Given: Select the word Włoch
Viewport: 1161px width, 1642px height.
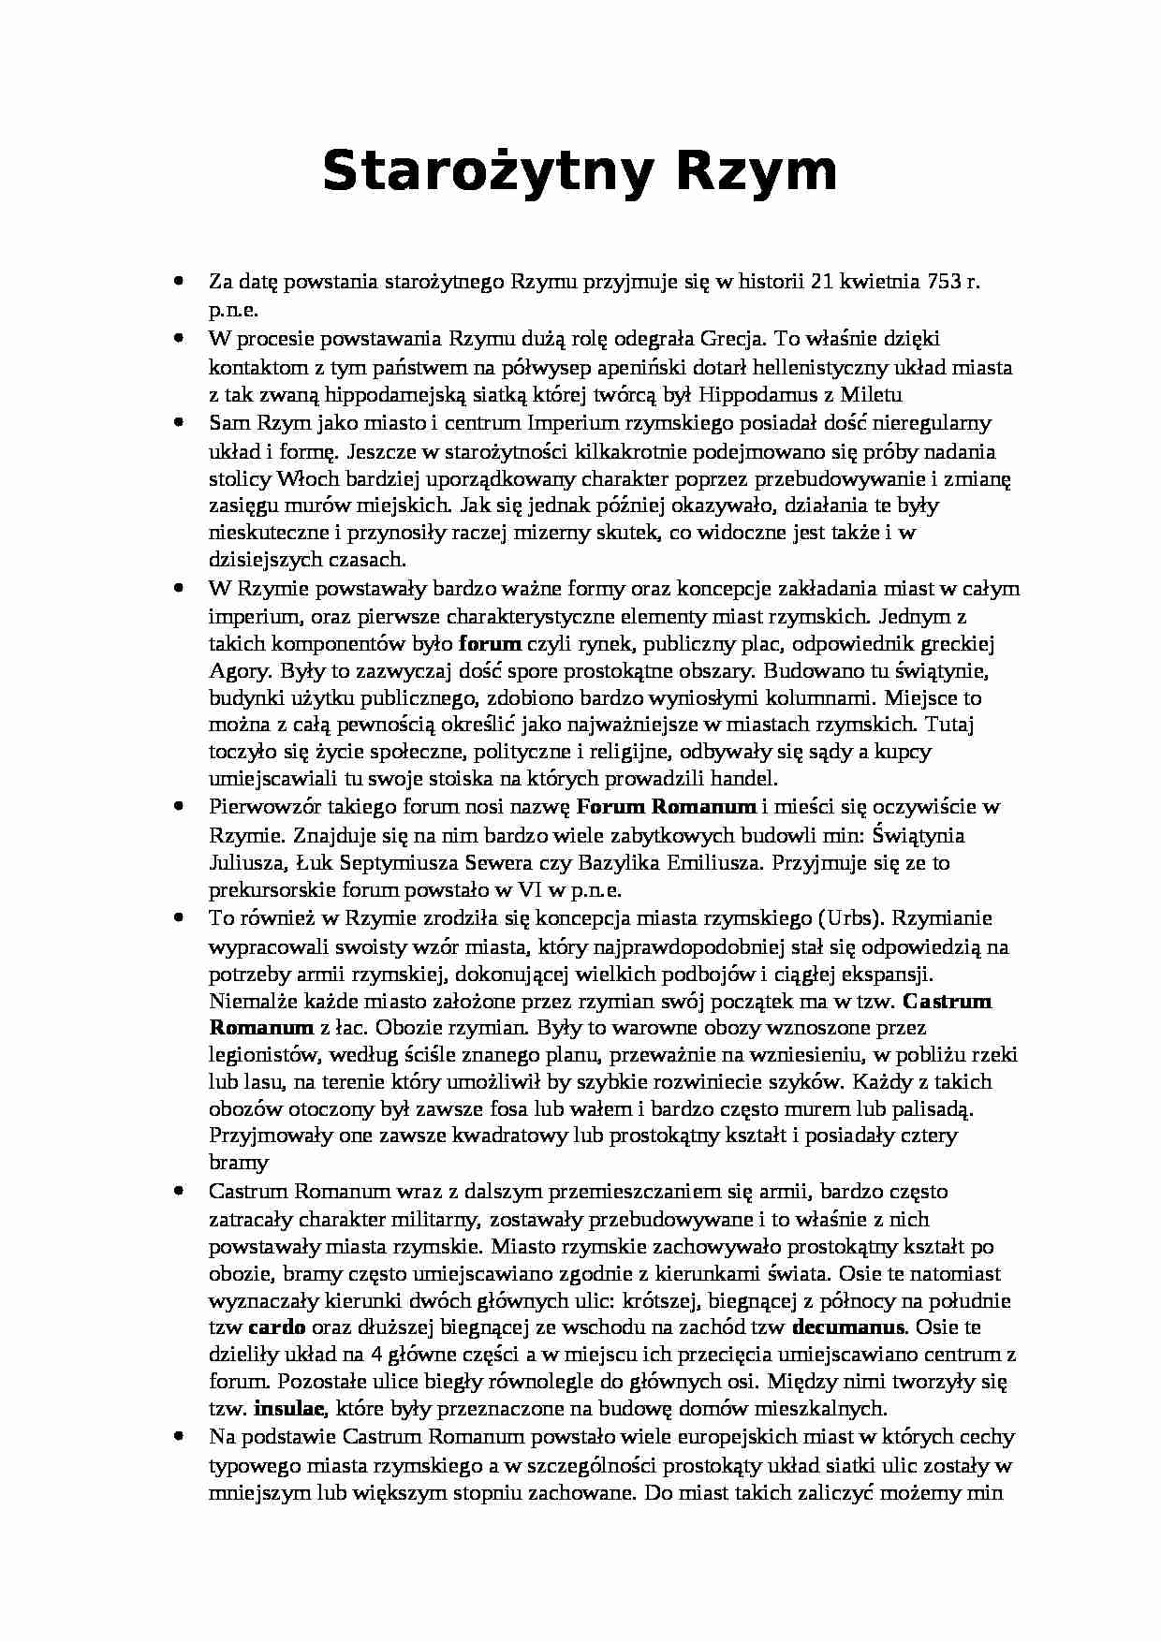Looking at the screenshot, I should (x=300, y=479).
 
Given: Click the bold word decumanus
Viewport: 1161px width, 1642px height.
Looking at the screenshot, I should (x=847, y=1327).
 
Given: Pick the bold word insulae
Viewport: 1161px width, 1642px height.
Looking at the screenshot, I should (x=289, y=1408).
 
